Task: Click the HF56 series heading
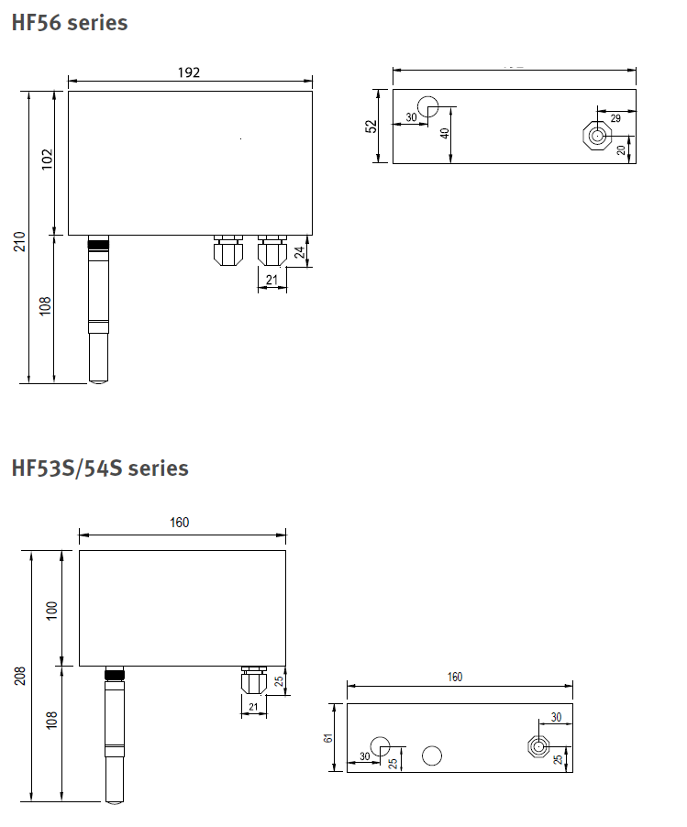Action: coord(70,23)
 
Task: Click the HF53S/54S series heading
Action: coord(100,469)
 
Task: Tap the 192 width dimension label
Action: coord(189,72)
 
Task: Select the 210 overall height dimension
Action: coord(19,241)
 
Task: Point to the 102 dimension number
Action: coord(48,160)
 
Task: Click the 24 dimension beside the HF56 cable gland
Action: coord(300,252)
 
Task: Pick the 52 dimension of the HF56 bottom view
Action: coord(371,127)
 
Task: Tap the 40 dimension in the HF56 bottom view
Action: coord(445,134)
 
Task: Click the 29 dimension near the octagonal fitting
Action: coord(615,118)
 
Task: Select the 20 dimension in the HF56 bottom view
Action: coord(621,149)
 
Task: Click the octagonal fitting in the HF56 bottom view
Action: coord(597,136)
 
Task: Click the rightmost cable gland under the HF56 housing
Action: coord(271,250)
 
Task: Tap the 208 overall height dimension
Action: coord(19,676)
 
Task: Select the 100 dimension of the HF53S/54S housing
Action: coord(51,611)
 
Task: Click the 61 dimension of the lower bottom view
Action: coord(328,738)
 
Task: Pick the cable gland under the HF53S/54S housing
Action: coord(253,680)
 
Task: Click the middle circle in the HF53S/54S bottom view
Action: coord(432,755)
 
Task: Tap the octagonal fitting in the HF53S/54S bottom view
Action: coord(538,746)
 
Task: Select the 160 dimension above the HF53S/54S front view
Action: coord(180,523)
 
